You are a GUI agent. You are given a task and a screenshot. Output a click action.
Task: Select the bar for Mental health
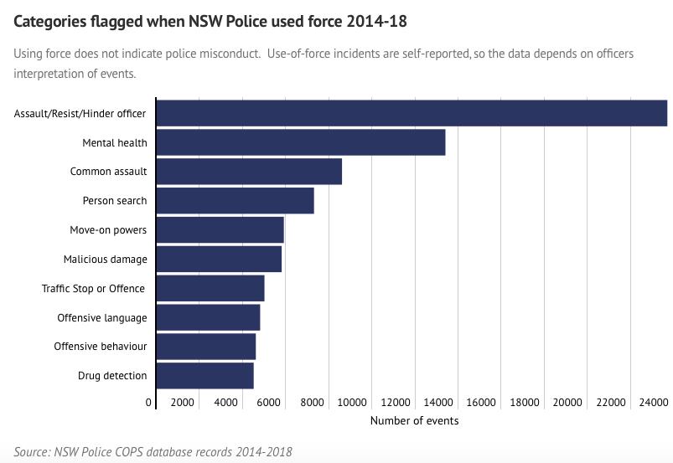(301, 142)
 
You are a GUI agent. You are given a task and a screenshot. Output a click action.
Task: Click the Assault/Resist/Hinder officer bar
(412, 113)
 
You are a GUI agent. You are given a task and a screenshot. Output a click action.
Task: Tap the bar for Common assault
(249, 172)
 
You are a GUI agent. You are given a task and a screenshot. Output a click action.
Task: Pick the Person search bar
(236, 201)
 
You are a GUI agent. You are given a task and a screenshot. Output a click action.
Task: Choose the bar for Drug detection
(205, 376)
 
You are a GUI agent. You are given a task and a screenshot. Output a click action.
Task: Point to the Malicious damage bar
(219, 259)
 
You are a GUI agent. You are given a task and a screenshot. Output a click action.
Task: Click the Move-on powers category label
(108, 230)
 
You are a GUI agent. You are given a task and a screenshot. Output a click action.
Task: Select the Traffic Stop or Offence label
(94, 289)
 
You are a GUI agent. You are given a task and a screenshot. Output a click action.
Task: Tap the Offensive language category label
(101, 318)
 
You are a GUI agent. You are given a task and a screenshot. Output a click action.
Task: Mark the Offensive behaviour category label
(100, 347)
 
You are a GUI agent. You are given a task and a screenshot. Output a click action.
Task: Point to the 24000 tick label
(654, 403)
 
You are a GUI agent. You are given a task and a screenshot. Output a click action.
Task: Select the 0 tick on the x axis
(149, 403)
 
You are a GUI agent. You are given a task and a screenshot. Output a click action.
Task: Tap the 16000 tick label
(481, 403)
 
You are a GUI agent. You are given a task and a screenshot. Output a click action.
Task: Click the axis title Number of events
(414, 420)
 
